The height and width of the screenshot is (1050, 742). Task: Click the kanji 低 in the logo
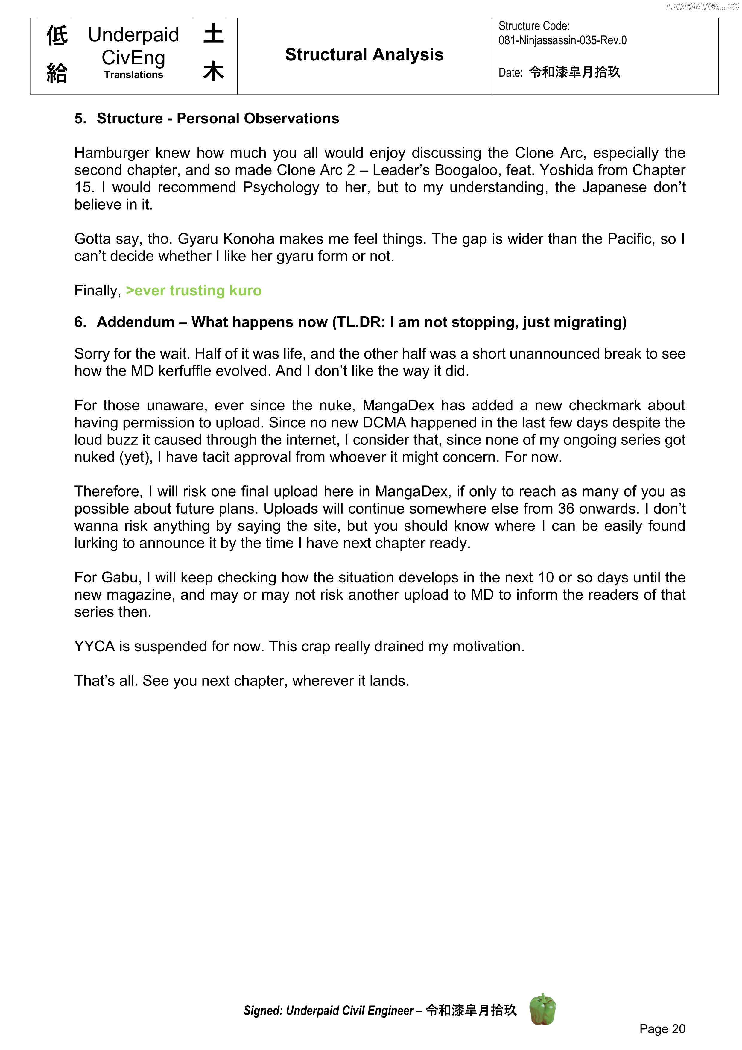[57, 36]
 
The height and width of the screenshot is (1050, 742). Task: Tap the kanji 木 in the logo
[214, 72]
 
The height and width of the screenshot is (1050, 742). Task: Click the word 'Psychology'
[281, 187]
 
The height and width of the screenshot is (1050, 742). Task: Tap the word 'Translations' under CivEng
[133, 75]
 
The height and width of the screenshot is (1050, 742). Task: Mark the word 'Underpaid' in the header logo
[133, 35]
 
